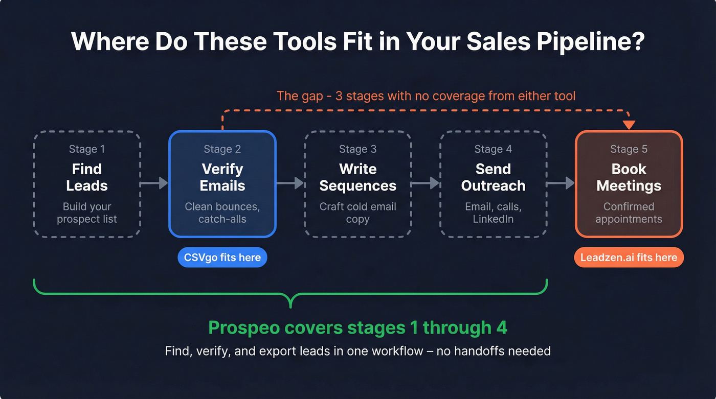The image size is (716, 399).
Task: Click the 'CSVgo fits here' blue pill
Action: [x=222, y=257]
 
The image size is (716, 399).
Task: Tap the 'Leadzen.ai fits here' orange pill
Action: [x=629, y=257]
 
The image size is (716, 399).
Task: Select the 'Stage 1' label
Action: [x=87, y=149]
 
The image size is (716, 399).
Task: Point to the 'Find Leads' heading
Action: [x=87, y=177]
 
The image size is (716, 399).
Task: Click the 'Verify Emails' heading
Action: [x=222, y=177]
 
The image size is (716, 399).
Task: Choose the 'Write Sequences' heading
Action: [x=357, y=177]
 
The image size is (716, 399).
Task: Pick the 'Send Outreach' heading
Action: [x=493, y=177]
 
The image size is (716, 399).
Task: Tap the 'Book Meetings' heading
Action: [x=629, y=177]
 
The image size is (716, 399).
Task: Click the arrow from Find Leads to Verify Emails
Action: [x=154, y=183]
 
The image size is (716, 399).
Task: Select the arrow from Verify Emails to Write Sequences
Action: [x=290, y=183]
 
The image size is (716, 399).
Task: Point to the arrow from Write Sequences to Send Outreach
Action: [x=426, y=183]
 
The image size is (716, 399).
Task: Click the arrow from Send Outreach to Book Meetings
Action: [x=561, y=183]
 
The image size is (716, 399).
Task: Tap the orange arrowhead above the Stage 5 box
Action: [x=629, y=125]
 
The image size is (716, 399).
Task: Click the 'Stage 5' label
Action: [x=629, y=149]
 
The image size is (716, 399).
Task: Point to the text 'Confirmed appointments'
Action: [x=629, y=213]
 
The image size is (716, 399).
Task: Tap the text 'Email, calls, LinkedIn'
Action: [x=493, y=213]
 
